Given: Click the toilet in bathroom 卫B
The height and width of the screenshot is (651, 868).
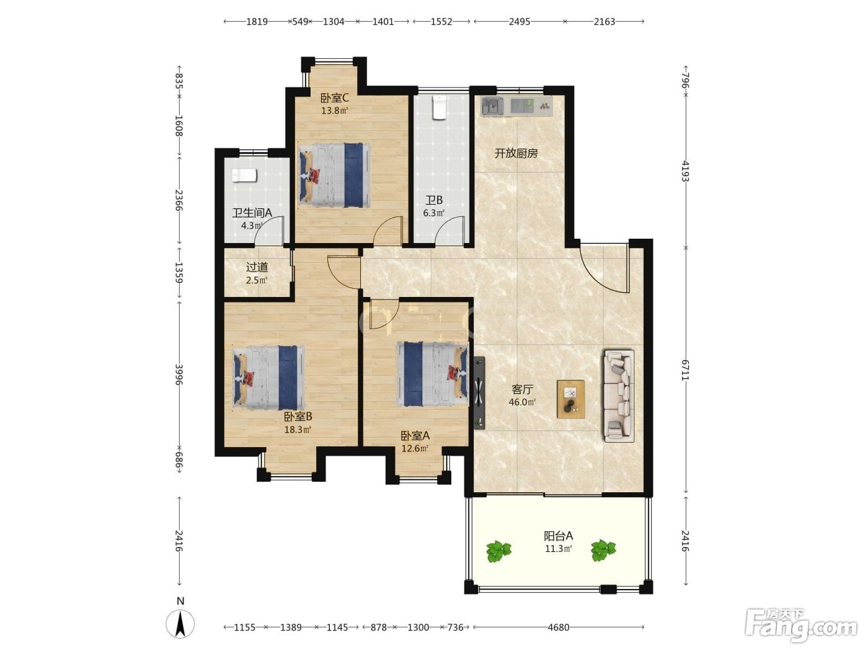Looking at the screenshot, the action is pos(440,107).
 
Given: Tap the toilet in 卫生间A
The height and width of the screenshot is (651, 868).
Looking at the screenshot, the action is pos(244,175).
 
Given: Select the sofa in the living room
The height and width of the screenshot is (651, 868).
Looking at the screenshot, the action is pos(618,396).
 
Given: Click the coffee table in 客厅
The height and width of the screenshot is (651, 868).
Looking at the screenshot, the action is pos(570,399).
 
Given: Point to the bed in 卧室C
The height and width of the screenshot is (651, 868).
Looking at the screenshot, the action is pos(335,175).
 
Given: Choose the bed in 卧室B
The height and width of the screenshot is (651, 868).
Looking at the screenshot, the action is pos(269,378).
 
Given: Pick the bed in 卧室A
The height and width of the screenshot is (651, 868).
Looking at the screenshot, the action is pos(433,374).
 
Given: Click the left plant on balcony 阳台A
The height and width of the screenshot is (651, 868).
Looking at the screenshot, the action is pos(498,551).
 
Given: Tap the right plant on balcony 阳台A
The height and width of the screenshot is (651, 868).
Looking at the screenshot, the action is pos(603,550).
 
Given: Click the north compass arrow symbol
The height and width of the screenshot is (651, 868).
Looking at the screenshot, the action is pos(180,624).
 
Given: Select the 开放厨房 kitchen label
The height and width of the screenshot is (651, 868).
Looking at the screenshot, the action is pos(516,153).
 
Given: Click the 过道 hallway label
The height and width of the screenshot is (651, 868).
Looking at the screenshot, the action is pos(257,267).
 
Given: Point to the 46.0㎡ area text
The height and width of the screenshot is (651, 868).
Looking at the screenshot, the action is pos(522,402).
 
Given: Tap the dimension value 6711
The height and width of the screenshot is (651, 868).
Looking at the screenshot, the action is pos(685,370).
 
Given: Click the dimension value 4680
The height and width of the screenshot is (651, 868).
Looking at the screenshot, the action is pos(559,627).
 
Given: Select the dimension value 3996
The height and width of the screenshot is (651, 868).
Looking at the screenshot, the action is pos(179,374).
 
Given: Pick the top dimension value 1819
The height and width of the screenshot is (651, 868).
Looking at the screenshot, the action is pos(257,21).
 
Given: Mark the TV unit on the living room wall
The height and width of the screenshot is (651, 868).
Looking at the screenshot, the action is pos(479,392).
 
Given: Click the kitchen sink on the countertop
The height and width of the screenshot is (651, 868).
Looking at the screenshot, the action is pos(492,106).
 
